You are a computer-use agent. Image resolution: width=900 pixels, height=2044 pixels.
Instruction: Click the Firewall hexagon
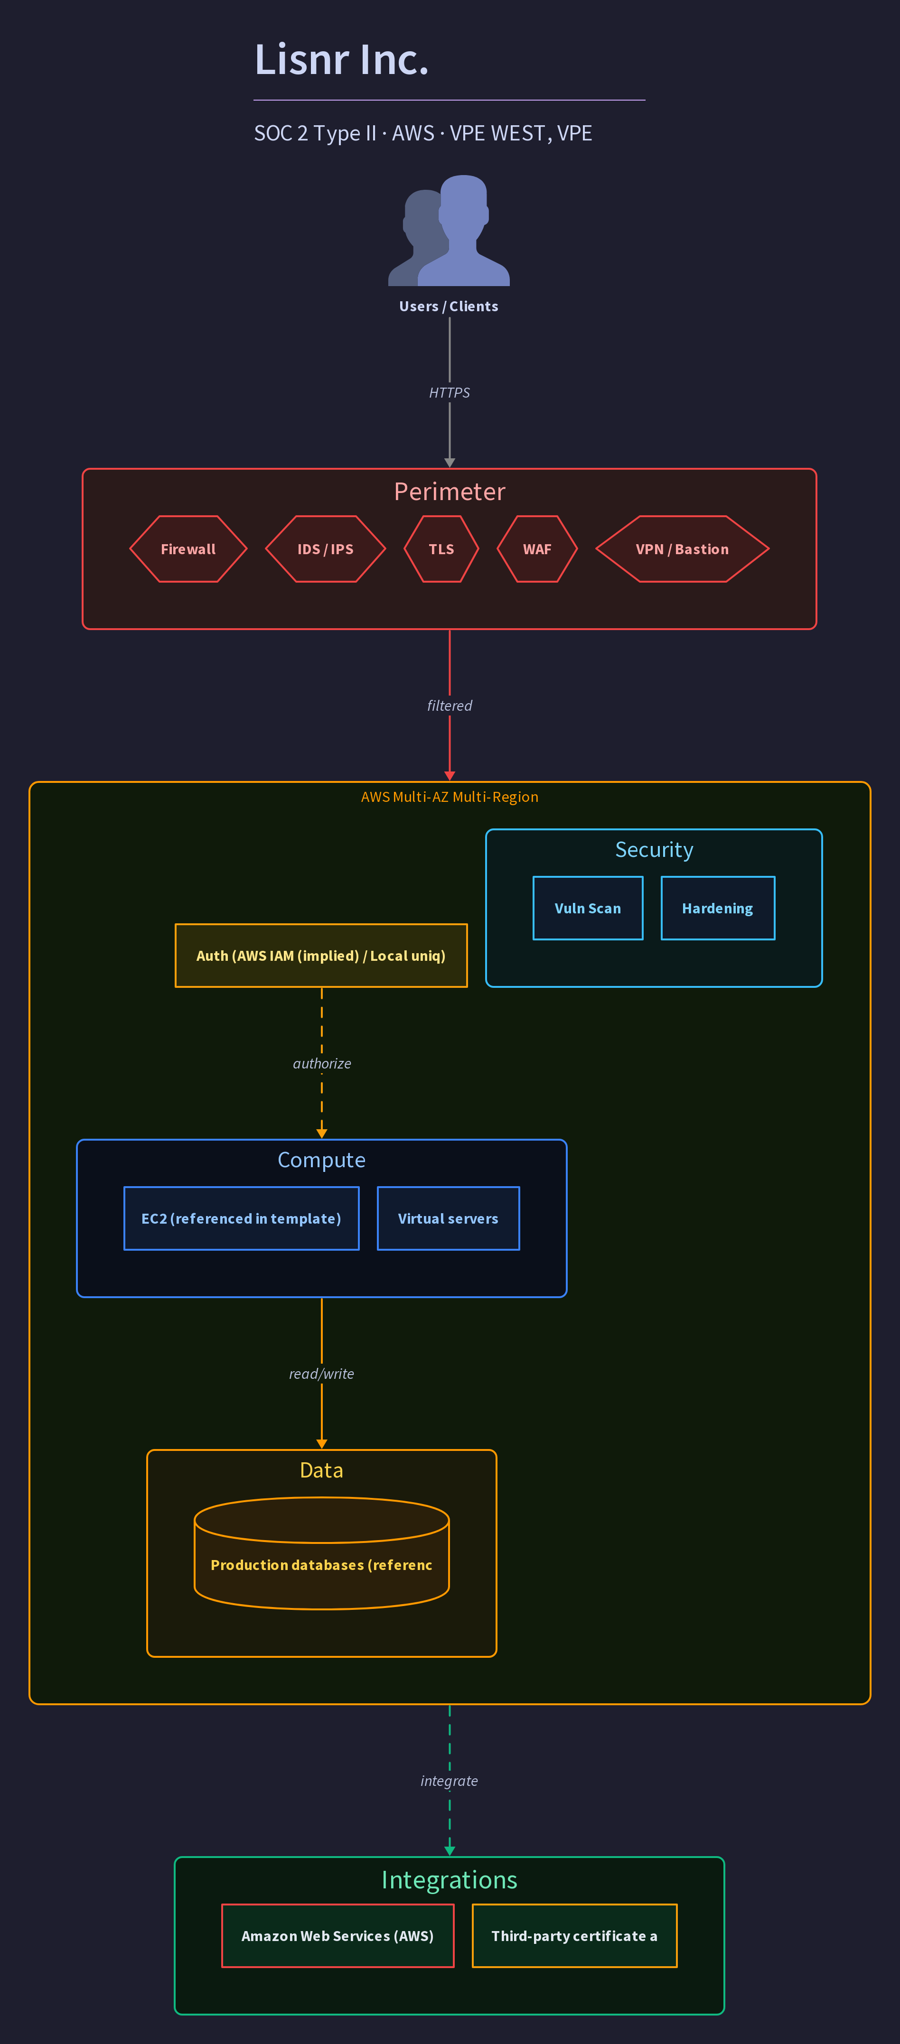(x=188, y=549)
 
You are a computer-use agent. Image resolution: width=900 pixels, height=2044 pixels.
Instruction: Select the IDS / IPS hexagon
(x=326, y=549)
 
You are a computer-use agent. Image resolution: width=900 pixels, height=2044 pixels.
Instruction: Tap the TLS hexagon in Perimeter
(x=441, y=549)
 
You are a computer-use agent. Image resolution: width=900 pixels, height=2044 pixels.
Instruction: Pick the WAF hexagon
(x=537, y=549)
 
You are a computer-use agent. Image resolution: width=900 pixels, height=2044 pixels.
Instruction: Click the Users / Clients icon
(x=449, y=230)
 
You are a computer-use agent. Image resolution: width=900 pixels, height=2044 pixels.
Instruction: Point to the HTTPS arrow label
(x=449, y=393)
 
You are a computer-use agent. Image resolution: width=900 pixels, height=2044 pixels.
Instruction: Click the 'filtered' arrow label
(x=449, y=706)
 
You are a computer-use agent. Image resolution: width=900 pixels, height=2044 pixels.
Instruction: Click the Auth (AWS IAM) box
(x=321, y=956)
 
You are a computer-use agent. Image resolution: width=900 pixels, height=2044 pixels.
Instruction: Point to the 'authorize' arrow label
(x=321, y=1063)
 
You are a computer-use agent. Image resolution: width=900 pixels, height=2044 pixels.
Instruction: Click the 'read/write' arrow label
(x=321, y=1374)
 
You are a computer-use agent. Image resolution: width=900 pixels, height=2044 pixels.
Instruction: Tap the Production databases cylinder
(x=321, y=1553)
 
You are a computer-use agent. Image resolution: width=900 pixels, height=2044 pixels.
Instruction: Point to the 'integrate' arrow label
(x=449, y=1781)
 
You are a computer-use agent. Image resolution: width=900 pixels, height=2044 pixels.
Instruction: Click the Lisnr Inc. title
(x=341, y=59)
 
